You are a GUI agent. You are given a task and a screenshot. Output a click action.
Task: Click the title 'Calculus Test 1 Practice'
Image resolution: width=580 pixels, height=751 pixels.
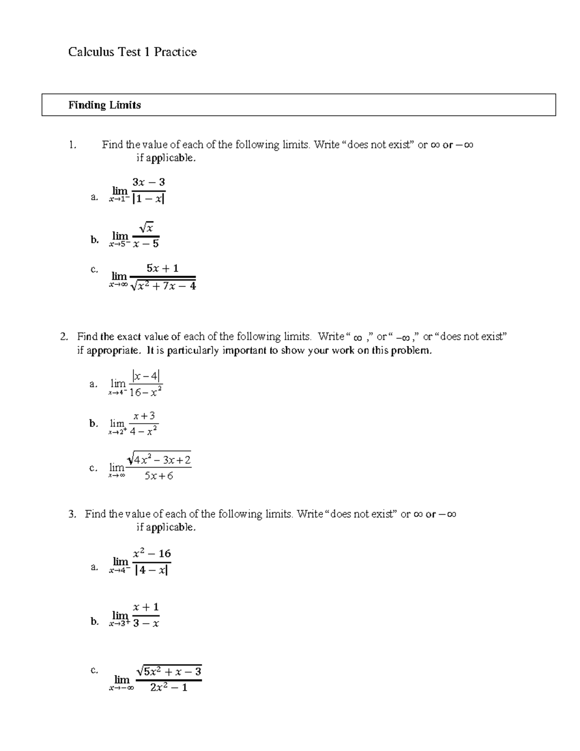tap(132, 52)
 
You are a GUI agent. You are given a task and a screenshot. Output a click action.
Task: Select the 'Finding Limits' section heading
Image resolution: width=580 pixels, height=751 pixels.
tap(104, 105)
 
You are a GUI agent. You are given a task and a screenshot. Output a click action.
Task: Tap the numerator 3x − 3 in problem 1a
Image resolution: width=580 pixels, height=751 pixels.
tap(148, 182)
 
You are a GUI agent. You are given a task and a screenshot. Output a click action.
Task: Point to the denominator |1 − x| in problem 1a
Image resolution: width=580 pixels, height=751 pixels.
tap(148, 199)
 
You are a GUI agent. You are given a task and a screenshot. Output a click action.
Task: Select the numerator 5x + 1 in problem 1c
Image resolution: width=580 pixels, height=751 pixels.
tap(162, 268)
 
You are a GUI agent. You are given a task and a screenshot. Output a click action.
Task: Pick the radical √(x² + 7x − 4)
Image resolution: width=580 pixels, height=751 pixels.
tap(163, 286)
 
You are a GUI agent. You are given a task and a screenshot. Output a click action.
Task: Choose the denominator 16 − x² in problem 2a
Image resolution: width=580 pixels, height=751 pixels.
tap(145, 393)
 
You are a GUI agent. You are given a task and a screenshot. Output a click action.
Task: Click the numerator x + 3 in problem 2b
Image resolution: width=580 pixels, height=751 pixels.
tap(144, 416)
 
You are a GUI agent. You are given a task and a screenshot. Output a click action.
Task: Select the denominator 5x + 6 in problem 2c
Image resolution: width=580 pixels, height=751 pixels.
tap(159, 476)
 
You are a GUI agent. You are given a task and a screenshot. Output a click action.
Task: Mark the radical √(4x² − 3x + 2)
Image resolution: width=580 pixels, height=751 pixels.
tap(159, 459)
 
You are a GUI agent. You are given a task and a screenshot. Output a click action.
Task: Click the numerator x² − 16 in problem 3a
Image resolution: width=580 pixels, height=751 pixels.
tap(151, 554)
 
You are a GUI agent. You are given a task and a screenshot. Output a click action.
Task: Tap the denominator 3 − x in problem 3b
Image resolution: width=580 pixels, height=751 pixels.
tap(145, 624)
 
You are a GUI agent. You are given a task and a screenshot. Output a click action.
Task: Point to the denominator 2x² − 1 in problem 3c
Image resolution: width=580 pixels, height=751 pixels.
tap(169, 688)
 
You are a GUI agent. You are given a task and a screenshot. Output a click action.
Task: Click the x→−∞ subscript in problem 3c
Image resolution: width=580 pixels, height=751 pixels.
tap(121, 689)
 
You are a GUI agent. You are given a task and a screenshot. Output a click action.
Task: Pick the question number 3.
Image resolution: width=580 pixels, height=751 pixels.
tap(72, 514)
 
